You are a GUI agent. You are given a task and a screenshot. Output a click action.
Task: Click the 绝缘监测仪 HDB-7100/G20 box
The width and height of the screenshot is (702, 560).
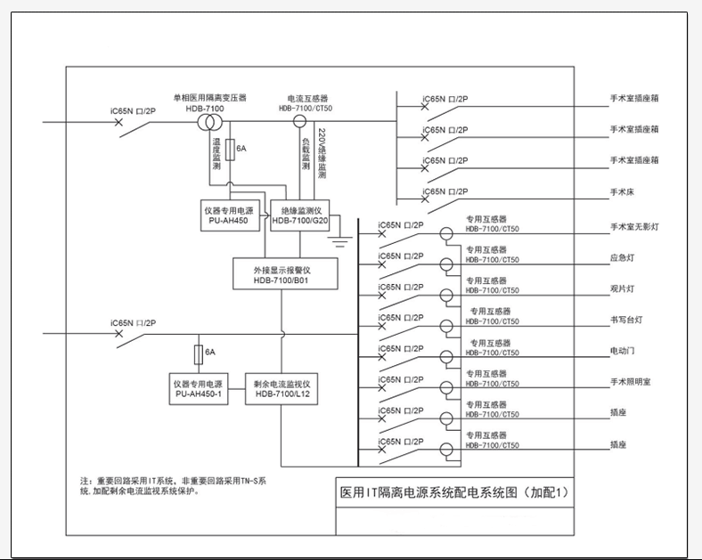click(300, 213)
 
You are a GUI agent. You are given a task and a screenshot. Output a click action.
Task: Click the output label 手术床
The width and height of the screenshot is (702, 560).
click(622, 191)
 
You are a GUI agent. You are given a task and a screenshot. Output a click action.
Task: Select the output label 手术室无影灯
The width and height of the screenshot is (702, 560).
click(633, 228)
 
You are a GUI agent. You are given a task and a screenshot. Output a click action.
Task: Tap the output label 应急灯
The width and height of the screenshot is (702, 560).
click(622, 258)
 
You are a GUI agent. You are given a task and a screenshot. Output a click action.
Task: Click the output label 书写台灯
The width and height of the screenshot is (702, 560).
click(625, 320)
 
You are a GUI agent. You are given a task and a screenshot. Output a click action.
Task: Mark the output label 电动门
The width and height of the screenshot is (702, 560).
click(622, 351)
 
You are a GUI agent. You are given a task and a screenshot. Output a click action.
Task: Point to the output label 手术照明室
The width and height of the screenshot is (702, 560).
click(630, 381)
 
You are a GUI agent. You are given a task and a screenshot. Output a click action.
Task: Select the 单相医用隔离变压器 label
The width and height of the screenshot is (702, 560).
click(209, 97)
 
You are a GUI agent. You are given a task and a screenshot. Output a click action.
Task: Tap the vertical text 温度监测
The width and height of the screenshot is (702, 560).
click(216, 153)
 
